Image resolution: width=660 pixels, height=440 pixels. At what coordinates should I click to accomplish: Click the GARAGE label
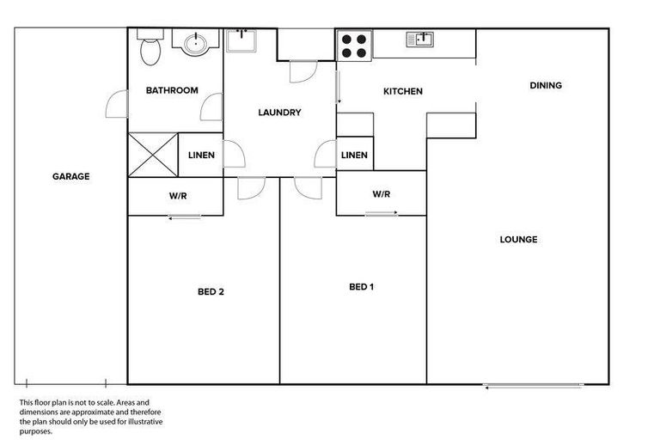coord(70,176)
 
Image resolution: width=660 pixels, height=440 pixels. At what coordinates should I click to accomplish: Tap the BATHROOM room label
coord(172,90)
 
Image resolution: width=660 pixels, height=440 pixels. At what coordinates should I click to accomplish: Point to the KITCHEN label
coord(403,91)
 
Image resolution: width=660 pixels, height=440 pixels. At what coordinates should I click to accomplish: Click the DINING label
coord(546,85)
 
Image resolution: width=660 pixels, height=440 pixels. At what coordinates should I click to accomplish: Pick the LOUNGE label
coord(518,240)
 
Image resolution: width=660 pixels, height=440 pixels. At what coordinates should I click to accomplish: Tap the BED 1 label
coord(361,286)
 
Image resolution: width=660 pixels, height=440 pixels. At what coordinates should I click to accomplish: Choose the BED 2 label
coord(211,291)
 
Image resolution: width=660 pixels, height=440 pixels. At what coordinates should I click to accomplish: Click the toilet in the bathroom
coord(149,50)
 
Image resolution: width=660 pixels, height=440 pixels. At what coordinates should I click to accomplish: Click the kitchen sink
coord(421,38)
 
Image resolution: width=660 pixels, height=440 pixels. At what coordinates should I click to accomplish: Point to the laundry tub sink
coord(241,40)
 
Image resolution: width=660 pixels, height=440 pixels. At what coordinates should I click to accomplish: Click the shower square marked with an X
coord(152,156)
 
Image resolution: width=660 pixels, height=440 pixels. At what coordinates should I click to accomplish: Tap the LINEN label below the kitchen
coord(354,156)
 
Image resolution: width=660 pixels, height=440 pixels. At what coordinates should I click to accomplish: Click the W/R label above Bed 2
coord(178,196)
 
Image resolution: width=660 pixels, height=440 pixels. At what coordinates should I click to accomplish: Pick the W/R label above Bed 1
coord(382,194)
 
